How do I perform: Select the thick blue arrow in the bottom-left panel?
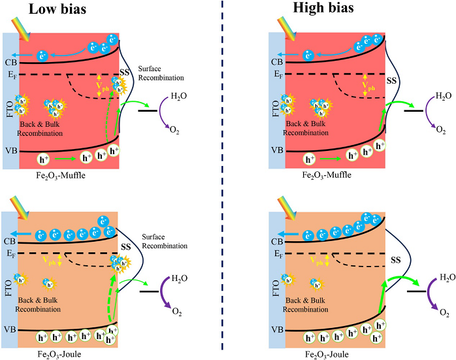pos(26,233)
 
